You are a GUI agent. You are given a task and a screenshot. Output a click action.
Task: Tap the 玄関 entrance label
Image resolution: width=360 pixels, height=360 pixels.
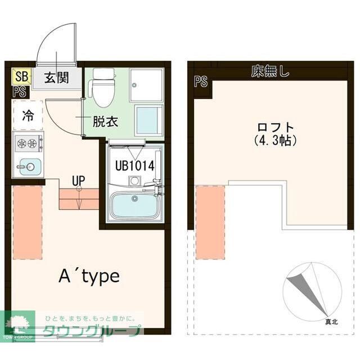point(56,78)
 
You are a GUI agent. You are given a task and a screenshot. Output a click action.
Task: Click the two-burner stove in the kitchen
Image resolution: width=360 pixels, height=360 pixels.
point(28,143)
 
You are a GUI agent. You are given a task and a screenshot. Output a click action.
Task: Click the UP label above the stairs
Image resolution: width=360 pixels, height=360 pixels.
point(78,181)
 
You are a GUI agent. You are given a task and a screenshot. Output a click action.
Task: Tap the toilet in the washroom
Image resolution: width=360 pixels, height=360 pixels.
point(103,88)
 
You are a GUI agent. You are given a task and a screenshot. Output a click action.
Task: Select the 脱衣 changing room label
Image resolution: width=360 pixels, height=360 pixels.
point(105,120)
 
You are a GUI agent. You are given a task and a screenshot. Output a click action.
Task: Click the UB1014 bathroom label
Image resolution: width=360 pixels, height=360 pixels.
point(134,166)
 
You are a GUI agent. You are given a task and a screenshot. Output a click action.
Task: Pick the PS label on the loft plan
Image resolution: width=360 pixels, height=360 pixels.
point(201,82)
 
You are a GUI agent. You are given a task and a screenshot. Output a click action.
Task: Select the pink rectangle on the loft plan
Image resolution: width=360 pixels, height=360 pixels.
point(210,222)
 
